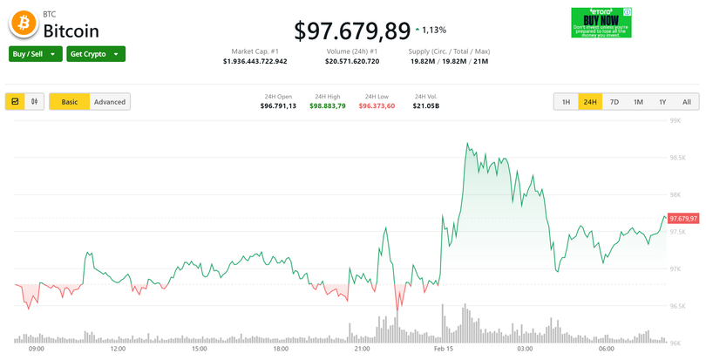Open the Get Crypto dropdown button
click(x=96, y=54)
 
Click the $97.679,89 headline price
click(x=351, y=31)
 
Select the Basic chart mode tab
click(x=69, y=102)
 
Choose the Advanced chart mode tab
click(x=110, y=102)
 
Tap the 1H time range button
click(x=566, y=102)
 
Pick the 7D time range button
click(x=614, y=102)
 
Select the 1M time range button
click(x=638, y=102)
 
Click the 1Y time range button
click(x=662, y=102)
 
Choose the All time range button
click(x=686, y=102)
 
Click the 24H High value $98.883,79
click(x=328, y=105)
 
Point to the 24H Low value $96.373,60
click(x=377, y=105)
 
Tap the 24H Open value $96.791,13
click(x=278, y=105)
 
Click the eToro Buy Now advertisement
click(x=601, y=23)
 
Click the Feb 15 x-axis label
click(x=444, y=349)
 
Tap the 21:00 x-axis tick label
click(x=363, y=349)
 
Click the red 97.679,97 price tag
click(x=683, y=218)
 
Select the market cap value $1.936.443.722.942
click(x=255, y=62)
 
